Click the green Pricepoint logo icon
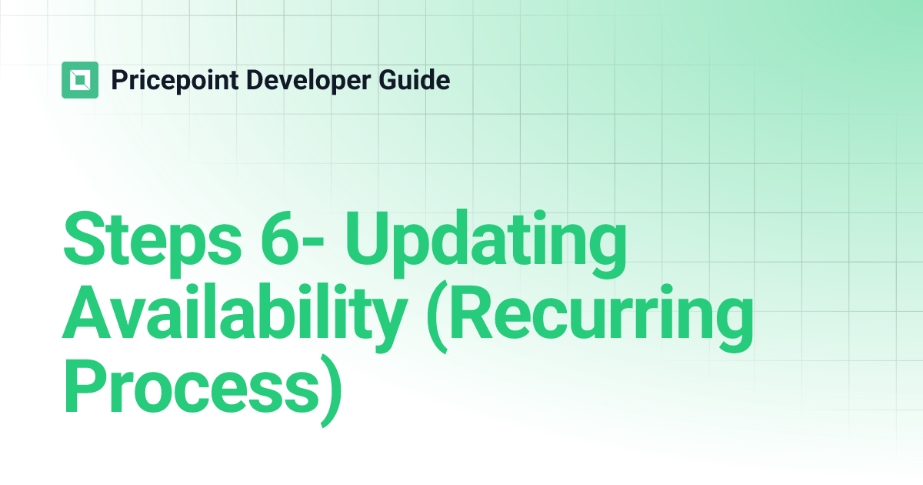80,80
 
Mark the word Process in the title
188,389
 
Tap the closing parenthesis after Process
328,393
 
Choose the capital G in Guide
379,80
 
